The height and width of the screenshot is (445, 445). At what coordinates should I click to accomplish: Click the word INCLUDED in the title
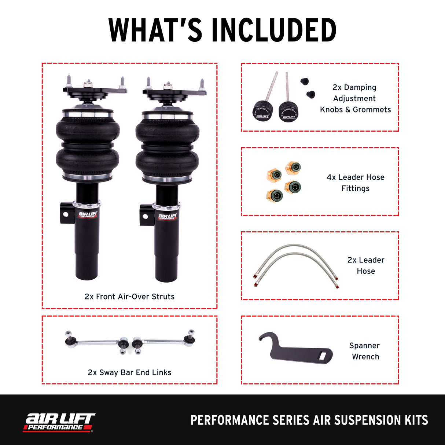click(x=274, y=30)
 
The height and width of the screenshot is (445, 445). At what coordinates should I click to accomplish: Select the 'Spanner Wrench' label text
click(x=365, y=351)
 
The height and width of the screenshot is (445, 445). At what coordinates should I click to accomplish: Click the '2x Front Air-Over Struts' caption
click(x=129, y=297)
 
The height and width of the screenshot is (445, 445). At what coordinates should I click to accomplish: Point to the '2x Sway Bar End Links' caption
click(x=129, y=372)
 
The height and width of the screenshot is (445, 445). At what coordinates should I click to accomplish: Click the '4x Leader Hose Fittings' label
click(x=355, y=183)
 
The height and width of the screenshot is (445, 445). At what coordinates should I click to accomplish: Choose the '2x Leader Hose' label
click(x=365, y=265)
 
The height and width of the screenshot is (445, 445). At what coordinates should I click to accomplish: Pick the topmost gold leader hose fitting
click(x=293, y=168)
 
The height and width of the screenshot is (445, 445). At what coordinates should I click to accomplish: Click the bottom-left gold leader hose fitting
click(x=275, y=194)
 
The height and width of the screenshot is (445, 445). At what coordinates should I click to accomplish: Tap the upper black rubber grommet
click(x=304, y=81)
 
